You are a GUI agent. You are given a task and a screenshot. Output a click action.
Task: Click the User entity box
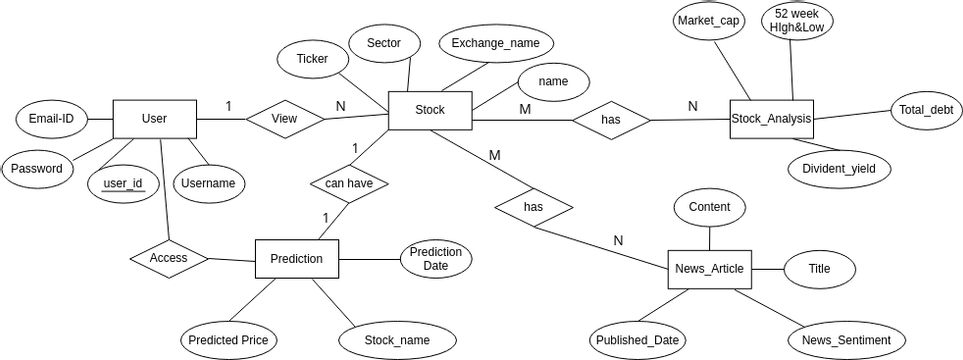[x=154, y=119]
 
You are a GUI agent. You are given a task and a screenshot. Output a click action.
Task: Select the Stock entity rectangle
[x=429, y=110]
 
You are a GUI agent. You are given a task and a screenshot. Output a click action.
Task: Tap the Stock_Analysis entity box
[x=771, y=119]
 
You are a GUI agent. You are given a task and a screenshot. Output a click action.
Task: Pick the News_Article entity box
[x=709, y=269]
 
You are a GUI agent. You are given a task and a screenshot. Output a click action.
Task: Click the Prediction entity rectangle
[x=296, y=259]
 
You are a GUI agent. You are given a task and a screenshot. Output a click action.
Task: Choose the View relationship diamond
[x=285, y=119]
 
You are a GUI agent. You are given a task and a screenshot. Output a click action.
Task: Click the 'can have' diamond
[x=349, y=184]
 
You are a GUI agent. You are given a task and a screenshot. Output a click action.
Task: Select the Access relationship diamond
[x=169, y=257]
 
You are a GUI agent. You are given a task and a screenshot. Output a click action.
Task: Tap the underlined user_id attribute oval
[x=124, y=183]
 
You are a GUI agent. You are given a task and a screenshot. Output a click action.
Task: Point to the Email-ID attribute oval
[x=51, y=119]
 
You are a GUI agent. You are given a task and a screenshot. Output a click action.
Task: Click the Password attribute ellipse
[x=37, y=168]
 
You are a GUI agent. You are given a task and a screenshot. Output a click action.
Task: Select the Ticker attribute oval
[x=312, y=59]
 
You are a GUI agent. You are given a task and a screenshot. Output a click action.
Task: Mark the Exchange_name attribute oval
[x=495, y=43]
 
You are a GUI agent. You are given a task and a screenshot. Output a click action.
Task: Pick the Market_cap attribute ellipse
[x=709, y=21]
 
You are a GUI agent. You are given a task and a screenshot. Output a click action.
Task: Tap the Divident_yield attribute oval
[x=838, y=169]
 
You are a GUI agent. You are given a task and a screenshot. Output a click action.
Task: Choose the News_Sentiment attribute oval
[x=846, y=340]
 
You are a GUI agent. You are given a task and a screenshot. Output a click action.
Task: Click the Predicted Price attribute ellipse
[x=227, y=340]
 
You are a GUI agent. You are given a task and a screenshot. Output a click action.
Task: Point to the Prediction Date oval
[x=435, y=259]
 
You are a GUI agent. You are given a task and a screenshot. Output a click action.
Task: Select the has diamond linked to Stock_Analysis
[x=611, y=120]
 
